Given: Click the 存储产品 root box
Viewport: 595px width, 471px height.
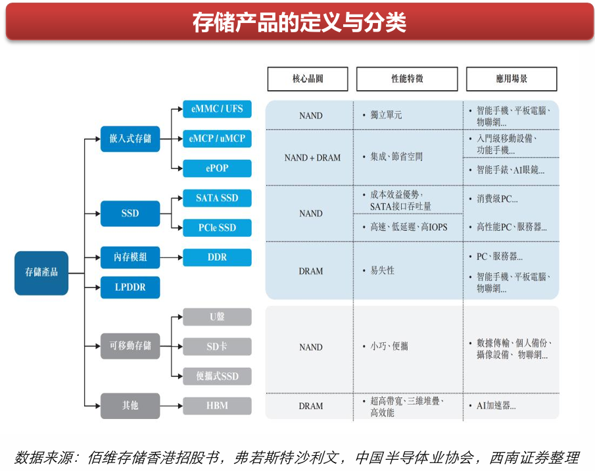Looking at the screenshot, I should (x=41, y=272).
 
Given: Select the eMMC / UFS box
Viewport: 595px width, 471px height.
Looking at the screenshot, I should (x=217, y=109).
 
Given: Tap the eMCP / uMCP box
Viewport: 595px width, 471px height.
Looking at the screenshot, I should (x=217, y=139).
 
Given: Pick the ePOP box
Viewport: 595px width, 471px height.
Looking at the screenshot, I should (x=217, y=168).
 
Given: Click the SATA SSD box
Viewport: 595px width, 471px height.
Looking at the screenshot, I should (x=217, y=198).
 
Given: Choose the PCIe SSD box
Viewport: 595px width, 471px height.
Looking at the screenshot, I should (x=217, y=228).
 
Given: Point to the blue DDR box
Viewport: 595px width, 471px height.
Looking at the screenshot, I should (x=217, y=257).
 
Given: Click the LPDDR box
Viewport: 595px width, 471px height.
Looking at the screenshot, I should (x=130, y=287).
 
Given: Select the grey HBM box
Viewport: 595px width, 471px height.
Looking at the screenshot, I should (x=217, y=406).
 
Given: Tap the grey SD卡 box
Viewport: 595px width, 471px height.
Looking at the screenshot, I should (x=217, y=347).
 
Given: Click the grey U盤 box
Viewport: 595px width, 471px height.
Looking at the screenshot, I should (x=217, y=317).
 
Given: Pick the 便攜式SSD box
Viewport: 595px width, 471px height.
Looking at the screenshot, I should (x=217, y=376).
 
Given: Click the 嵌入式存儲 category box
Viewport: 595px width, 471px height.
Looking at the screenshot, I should (x=130, y=139).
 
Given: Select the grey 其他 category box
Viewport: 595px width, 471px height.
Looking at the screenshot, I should (x=130, y=406).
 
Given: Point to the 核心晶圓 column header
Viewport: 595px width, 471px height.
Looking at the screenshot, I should (x=308, y=79).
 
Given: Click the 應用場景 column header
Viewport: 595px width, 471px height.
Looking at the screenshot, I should (x=512, y=79).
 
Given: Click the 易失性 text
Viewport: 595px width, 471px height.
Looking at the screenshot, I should (x=382, y=270).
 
